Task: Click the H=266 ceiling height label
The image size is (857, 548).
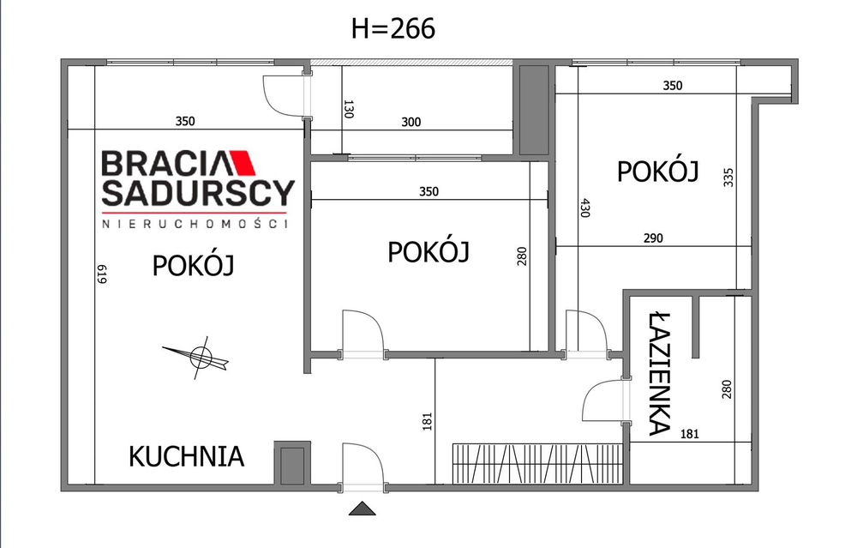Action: point(393,28)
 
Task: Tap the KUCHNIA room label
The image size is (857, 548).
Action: point(186,456)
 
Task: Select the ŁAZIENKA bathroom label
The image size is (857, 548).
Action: point(660,374)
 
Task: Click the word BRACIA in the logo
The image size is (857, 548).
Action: point(164,163)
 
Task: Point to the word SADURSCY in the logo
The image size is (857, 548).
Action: point(199,192)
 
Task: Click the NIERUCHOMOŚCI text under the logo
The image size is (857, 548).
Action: point(195,223)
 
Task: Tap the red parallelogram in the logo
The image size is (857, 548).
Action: point(243,163)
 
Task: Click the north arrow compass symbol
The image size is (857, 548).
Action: point(197,357)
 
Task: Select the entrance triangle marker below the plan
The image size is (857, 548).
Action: point(363,509)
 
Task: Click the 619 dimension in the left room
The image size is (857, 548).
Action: point(102,274)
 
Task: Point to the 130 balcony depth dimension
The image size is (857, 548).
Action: point(349,109)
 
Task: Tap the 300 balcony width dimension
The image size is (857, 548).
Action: point(411,122)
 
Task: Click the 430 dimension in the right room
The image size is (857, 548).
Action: point(584,208)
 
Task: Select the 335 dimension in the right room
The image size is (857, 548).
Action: point(728,178)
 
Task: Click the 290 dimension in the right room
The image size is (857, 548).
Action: point(653,238)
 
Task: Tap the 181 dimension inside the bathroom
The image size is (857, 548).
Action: point(690,434)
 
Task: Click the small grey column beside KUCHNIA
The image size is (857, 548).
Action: point(292,463)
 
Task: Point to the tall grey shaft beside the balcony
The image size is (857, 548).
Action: point(533,110)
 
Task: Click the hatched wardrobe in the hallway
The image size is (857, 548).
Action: point(538,464)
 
